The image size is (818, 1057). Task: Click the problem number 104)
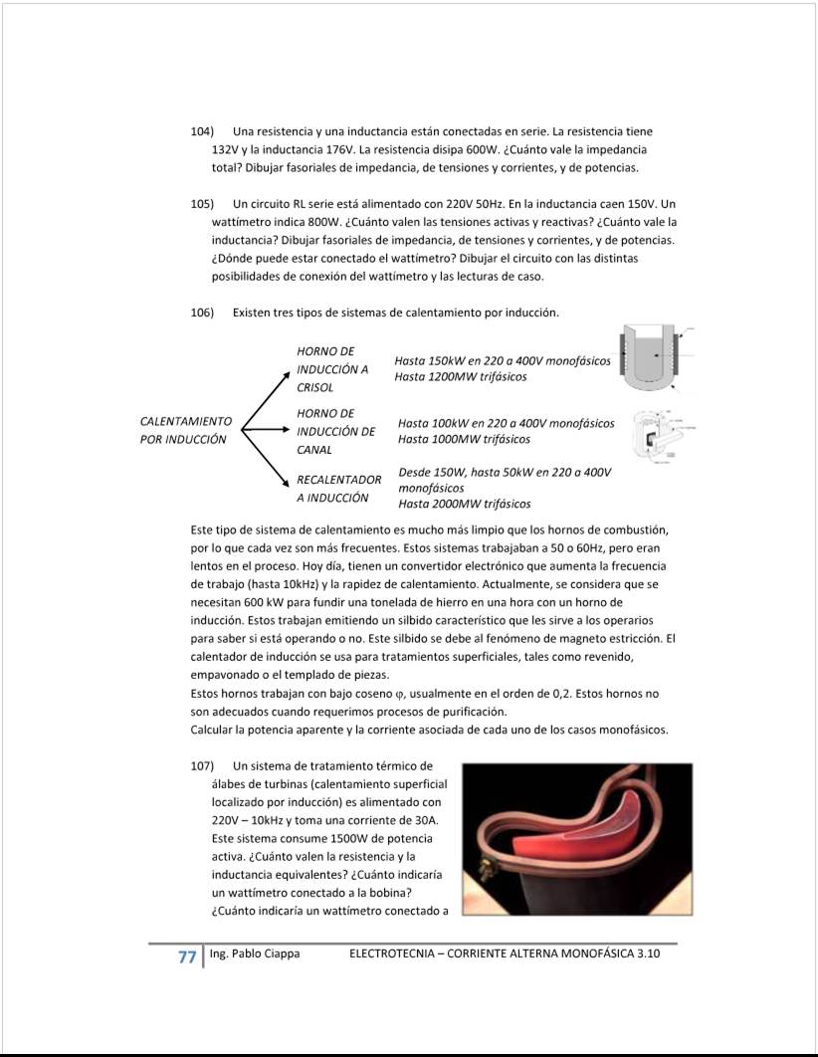coord(203,131)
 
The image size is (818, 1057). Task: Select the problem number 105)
coord(203,203)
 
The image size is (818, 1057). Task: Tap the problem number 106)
coord(203,313)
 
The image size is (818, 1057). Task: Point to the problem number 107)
coord(203,765)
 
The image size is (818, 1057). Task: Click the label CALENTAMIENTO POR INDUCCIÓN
coord(186,430)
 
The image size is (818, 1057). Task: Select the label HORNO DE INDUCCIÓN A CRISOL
coord(332,369)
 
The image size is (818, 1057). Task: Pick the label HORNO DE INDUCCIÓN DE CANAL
coord(335,431)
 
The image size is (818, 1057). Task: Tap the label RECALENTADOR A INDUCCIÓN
coord(338,489)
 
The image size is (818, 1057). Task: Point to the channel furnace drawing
coord(656,434)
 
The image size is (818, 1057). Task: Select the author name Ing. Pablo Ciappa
coord(255,954)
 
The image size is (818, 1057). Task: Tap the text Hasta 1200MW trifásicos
coord(460,377)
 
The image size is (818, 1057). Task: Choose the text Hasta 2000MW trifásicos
coord(464,504)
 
